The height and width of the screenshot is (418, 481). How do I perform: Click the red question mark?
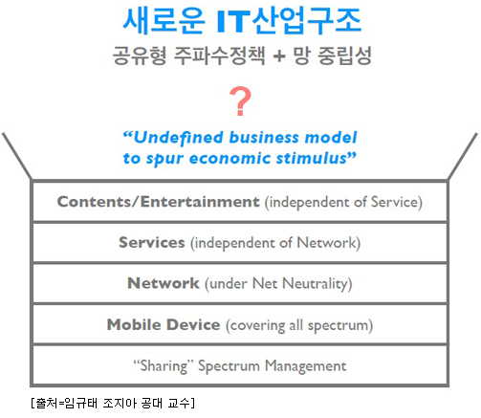point(240,101)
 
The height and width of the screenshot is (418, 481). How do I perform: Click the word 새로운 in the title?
point(164,21)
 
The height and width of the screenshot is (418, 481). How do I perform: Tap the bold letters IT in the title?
point(233,22)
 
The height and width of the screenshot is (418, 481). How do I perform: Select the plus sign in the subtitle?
point(279,56)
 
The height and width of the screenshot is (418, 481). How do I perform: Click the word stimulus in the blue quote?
point(312,158)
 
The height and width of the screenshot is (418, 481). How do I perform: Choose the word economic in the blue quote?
point(230,158)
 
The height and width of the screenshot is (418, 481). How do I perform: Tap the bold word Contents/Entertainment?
point(158,202)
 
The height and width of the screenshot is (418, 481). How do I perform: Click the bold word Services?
point(152,243)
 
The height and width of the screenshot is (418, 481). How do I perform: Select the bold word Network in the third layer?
point(164,283)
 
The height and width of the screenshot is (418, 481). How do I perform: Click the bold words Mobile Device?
point(164,324)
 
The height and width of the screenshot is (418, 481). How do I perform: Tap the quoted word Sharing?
point(164,366)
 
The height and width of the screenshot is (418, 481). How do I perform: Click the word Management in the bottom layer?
point(306,366)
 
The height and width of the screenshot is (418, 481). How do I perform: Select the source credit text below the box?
point(113,403)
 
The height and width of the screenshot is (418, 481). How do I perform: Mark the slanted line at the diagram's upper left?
point(17,156)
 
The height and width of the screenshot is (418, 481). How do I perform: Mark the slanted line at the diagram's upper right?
point(463,156)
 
